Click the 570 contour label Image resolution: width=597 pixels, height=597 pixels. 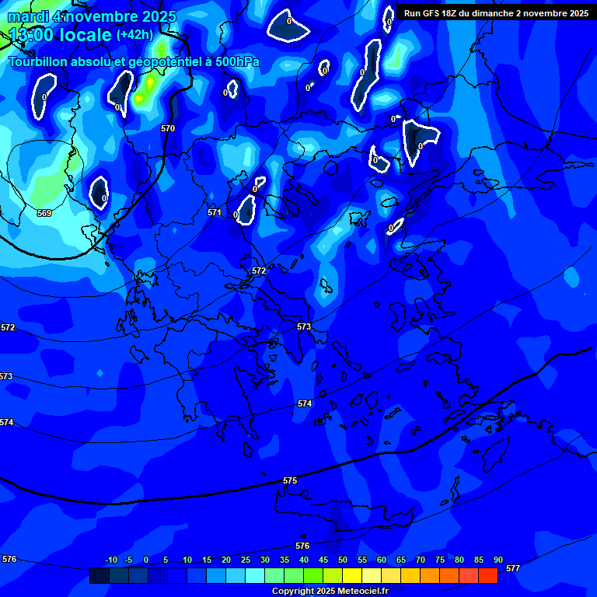[168, 128]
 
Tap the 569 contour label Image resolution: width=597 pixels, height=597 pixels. [44, 213]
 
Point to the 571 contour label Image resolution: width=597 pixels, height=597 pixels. [215, 212]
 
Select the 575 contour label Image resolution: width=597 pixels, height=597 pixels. [290, 480]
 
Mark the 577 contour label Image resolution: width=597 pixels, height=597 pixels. [512, 568]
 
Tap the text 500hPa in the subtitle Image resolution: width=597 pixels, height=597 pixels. [237, 62]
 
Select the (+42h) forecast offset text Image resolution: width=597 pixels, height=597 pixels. [135, 35]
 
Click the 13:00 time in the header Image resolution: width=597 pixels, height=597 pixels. [30, 36]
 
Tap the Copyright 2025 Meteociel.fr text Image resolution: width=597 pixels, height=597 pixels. [330, 592]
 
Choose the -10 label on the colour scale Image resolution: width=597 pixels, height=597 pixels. [111, 560]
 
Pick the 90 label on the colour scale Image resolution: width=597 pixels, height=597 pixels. [497, 560]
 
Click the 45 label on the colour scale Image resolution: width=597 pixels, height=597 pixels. [323, 560]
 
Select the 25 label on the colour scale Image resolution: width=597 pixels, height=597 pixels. [246, 560]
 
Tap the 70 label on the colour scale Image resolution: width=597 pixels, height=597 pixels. [421, 560]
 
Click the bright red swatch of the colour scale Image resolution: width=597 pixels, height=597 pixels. [487, 575]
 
